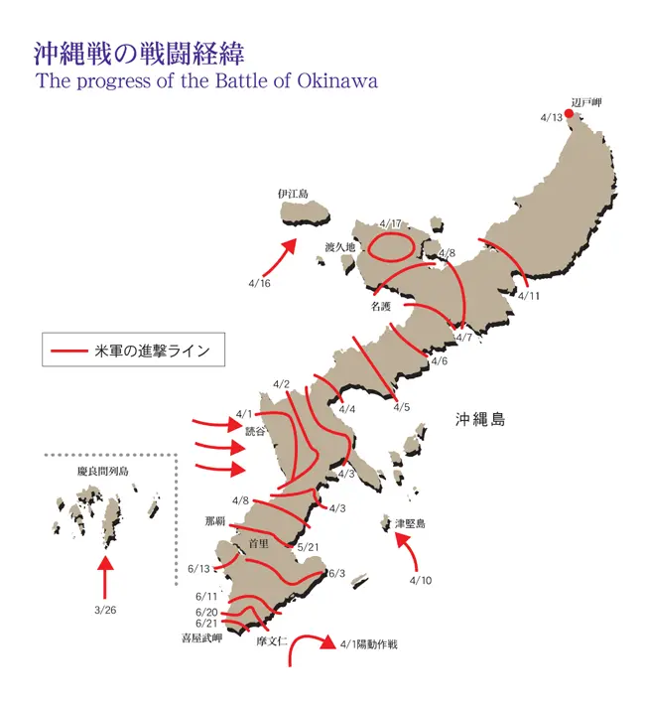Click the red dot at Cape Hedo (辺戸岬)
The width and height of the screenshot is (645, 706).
pos(570,113)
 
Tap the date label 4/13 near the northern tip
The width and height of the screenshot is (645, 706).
pos(552,118)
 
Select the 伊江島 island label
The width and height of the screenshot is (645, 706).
pos(295,195)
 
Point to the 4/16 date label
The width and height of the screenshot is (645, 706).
pos(259,283)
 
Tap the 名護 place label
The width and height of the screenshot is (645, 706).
pos(381,307)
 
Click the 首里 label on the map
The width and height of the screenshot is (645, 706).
pos(260,543)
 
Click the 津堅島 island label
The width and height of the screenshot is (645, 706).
pos(410,523)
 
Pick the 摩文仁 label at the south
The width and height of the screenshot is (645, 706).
pos(270,641)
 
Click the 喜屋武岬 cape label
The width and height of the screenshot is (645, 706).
pos(201,638)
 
